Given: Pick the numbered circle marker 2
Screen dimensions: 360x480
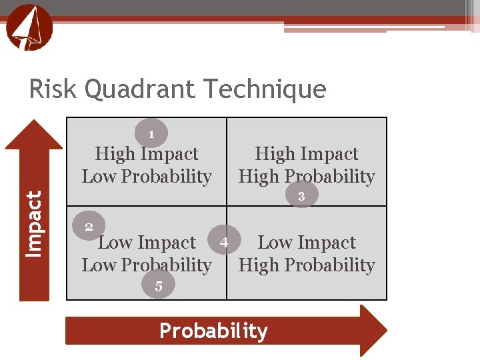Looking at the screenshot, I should pos(89,227).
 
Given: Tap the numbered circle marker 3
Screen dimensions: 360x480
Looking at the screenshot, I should pos(302,196).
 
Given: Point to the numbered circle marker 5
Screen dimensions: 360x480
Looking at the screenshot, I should pos(159,287).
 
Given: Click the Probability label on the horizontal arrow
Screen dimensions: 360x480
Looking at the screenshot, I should pos(213,331).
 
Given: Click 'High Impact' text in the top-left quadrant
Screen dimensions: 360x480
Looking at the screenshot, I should pos(147,154).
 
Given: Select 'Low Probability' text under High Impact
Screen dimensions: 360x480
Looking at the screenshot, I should pos(147,177).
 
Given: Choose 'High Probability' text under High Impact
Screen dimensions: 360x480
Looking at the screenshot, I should pos(307,177).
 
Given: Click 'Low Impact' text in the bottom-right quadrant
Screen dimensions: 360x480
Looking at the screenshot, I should pos(307,243).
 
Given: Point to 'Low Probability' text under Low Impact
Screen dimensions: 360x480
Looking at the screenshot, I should pos(147,265).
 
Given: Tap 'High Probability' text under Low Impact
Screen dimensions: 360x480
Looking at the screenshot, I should pos(307,265).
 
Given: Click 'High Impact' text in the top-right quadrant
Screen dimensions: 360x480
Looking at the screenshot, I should pos(307,154).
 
